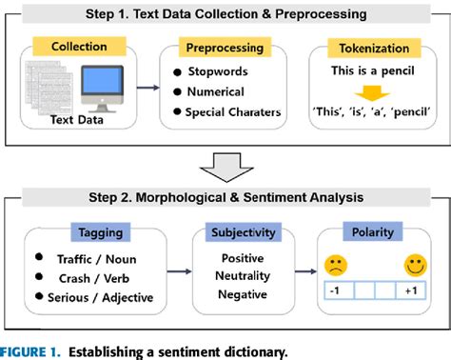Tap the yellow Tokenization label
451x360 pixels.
[372, 47]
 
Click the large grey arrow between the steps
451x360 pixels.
[226, 166]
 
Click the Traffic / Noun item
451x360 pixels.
[91, 260]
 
